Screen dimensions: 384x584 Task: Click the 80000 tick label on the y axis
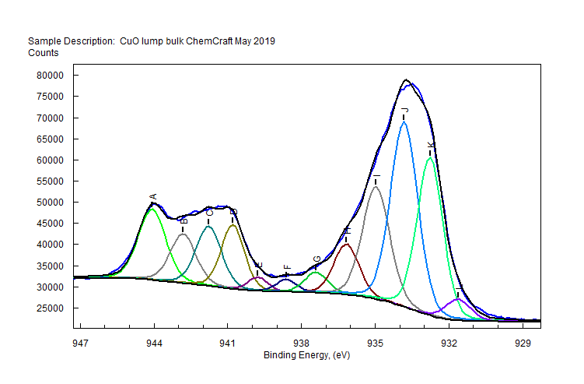49,76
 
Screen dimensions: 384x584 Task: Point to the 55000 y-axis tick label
49,181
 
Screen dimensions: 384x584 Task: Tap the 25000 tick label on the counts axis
49,308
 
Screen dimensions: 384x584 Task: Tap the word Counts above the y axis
44,53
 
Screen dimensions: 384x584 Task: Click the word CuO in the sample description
129,41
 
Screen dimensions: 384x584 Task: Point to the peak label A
153,197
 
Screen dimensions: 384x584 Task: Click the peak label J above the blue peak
404,110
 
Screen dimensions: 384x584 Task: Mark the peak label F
287,267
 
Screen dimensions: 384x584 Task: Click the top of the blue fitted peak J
404,122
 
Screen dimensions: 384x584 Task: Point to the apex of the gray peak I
376,186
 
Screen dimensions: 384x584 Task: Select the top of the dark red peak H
347,245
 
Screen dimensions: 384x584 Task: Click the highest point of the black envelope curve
406,79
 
